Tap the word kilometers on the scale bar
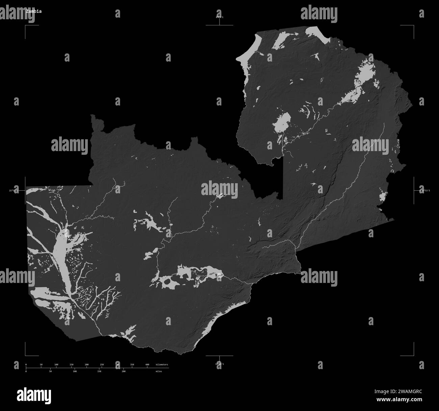point(162,365)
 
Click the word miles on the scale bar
point(159,371)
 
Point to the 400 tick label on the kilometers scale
point(147,365)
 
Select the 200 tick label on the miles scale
point(124,371)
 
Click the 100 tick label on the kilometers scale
point(56,365)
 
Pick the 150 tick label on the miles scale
point(99,371)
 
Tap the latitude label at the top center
point(219,17)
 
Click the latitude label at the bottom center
point(219,364)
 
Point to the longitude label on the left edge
point(14,191)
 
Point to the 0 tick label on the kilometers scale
point(26,365)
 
